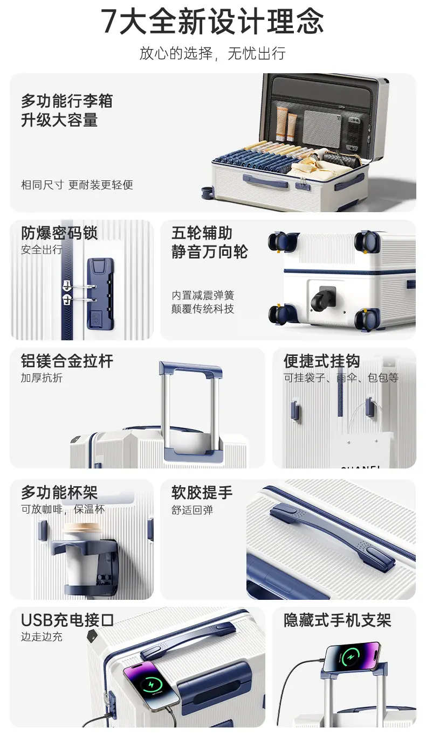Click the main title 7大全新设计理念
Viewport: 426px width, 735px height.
[212, 22]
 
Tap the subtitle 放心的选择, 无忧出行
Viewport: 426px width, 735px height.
[212, 53]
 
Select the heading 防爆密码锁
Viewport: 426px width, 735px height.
[59, 233]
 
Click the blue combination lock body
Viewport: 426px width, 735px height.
[101, 293]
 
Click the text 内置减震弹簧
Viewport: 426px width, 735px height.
[202, 295]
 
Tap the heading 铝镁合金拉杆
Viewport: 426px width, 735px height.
[67, 361]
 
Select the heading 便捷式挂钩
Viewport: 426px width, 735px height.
[322, 361]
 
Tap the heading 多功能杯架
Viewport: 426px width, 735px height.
[59, 493]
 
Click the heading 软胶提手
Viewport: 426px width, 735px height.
[202, 493]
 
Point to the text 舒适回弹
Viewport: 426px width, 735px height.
[192, 510]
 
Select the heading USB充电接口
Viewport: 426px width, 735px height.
[67, 620]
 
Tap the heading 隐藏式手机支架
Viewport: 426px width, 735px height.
[337, 620]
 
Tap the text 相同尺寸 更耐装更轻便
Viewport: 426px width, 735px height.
[77, 185]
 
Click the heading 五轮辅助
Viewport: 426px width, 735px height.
[202, 233]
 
